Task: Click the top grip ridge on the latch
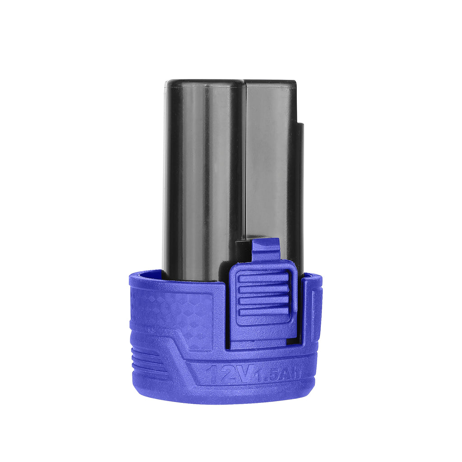tap(263, 278)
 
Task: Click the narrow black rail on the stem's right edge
tap(300, 189)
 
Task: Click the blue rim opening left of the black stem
tap(147, 273)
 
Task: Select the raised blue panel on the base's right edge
tap(316, 311)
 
